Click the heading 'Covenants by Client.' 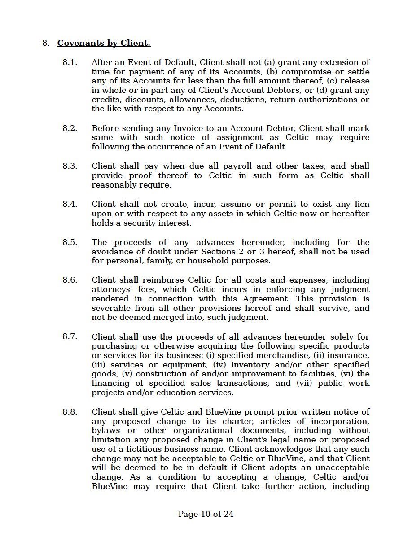coord(104,43)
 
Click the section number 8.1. coord(70,62)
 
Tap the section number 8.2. coord(70,128)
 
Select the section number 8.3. coord(70,166)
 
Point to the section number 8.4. coord(70,204)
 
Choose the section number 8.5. coord(70,242)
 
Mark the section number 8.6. coord(70,280)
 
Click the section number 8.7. coord(70,337)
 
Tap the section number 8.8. coord(70,412)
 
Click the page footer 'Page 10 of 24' coord(206,514)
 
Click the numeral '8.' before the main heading coord(45,43)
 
